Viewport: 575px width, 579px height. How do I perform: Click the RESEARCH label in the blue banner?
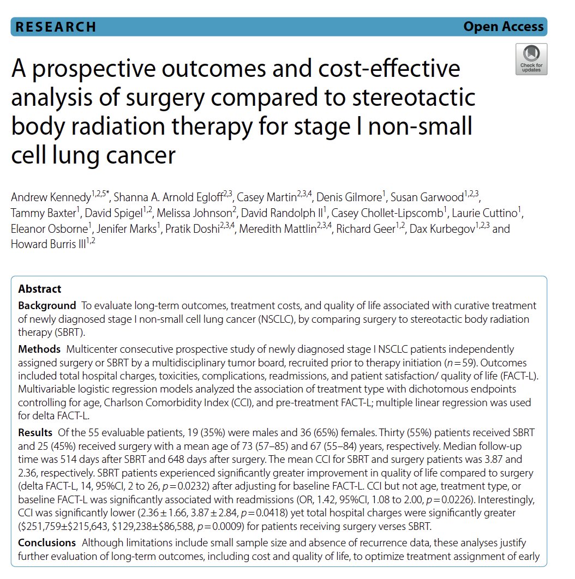click(x=56, y=27)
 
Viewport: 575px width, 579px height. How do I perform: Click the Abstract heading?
click(x=40, y=289)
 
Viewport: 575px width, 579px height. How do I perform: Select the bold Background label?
click(x=47, y=305)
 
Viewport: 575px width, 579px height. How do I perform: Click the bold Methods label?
click(x=39, y=348)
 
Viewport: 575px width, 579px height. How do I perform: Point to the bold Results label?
click(x=35, y=433)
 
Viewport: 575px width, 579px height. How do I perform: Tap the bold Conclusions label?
click(x=47, y=543)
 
